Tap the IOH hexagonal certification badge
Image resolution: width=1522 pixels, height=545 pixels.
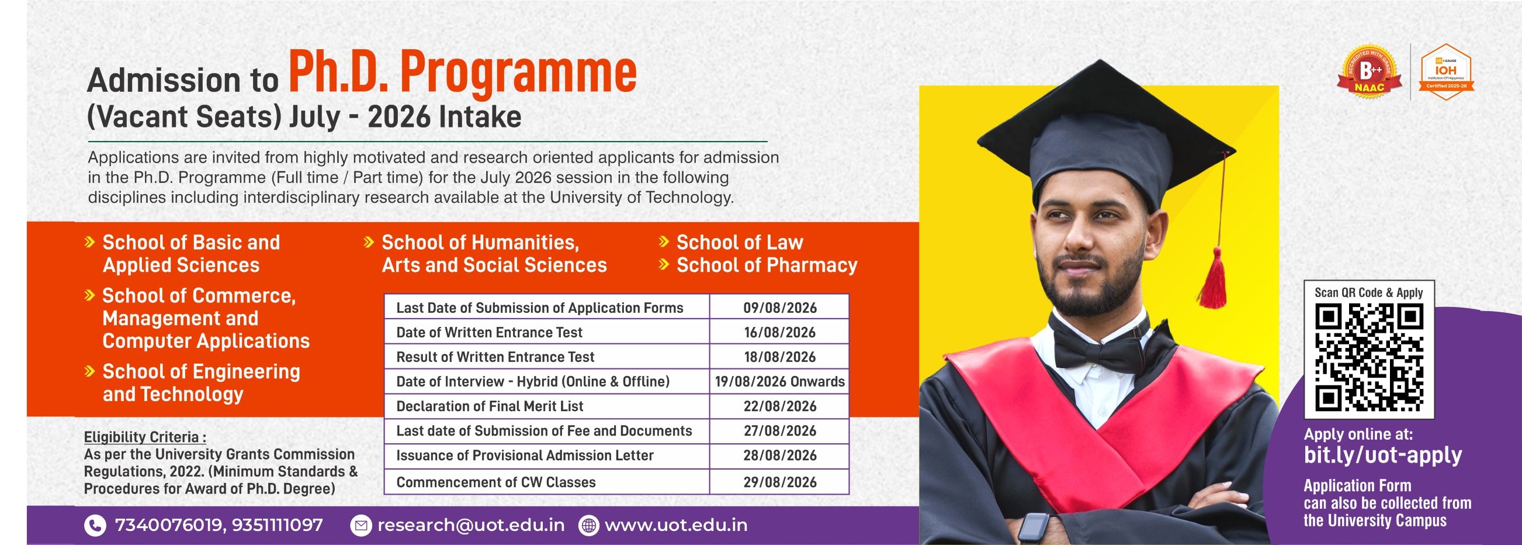1446,72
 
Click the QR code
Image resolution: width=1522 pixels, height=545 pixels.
1369,358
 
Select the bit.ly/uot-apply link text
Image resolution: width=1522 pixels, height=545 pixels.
1383,454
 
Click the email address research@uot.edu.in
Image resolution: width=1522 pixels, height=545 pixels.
471,525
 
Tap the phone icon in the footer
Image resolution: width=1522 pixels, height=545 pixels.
95,526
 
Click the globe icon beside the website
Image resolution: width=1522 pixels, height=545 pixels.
588,526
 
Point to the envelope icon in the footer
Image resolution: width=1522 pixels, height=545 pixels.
360,526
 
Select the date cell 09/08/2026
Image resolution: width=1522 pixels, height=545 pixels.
780,308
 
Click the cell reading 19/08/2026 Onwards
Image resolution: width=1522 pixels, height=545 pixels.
780,382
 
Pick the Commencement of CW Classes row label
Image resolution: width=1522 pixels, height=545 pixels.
495,482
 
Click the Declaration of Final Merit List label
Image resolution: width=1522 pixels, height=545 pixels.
489,406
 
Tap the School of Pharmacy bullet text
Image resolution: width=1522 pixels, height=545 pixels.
767,265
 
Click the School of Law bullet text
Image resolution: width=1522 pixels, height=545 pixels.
740,242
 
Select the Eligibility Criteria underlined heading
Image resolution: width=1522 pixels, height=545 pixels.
145,437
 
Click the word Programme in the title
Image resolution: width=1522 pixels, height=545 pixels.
519,73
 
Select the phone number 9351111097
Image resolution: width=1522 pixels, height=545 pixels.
277,525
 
